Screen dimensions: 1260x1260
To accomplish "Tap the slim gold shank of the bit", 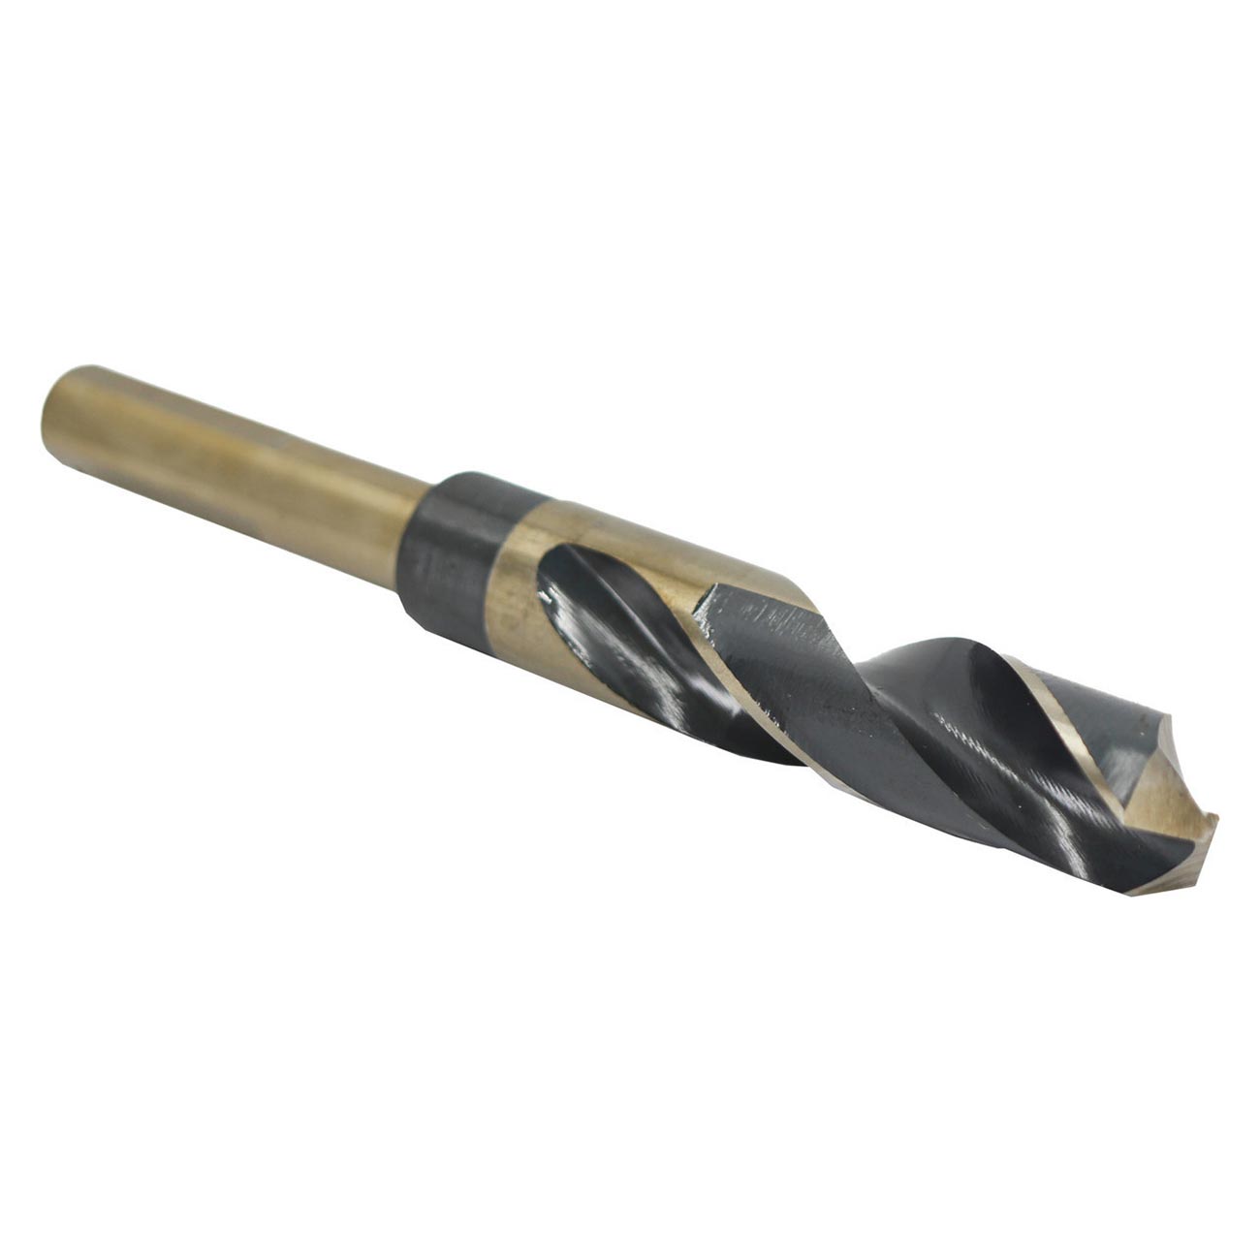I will click(242, 474).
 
